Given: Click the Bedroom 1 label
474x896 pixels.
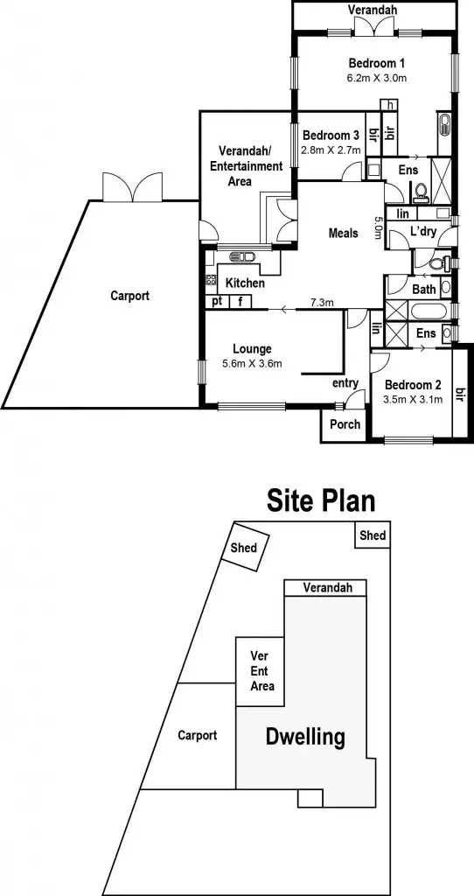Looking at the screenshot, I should [376, 63].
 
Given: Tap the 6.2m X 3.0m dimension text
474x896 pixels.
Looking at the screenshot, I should [376, 78].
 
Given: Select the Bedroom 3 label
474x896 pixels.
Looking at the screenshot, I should [331, 136].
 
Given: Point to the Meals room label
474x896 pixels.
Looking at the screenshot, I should [344, 233].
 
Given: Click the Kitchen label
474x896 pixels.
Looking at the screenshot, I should [245, 283].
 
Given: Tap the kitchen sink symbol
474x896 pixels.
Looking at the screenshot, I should [241, 257].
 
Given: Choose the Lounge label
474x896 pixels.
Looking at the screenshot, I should [252, 348].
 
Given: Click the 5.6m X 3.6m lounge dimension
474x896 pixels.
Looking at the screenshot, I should [252, 364].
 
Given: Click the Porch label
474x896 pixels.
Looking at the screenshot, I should [345, 424].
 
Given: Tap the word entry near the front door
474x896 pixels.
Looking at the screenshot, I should [345, 383].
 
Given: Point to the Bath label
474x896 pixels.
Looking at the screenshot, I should [423, 289].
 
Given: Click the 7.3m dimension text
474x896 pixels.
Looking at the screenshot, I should [322, 303].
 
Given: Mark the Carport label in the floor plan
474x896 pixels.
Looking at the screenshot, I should [129, 296].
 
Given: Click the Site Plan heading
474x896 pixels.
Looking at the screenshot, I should [320, 500].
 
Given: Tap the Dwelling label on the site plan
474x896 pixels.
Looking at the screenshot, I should [304, 737].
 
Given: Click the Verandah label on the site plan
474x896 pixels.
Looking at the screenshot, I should [328, 588].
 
